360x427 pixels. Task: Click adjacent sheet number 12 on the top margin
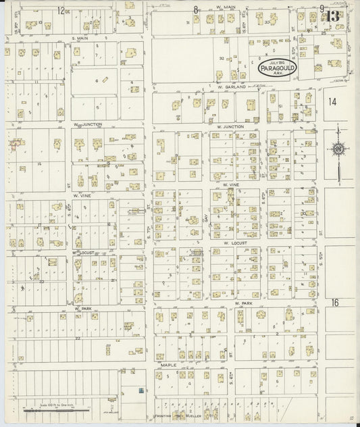(x=61, y=10)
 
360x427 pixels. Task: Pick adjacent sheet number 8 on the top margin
(x=196, y=10)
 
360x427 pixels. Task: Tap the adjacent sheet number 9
(x=323, y=9)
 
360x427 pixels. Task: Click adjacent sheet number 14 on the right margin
(x=331, y=101)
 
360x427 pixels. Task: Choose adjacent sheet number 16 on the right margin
(x=334, y=303)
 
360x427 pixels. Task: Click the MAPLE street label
(x=168, y=365)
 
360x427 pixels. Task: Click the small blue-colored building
(x=140, y=391)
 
